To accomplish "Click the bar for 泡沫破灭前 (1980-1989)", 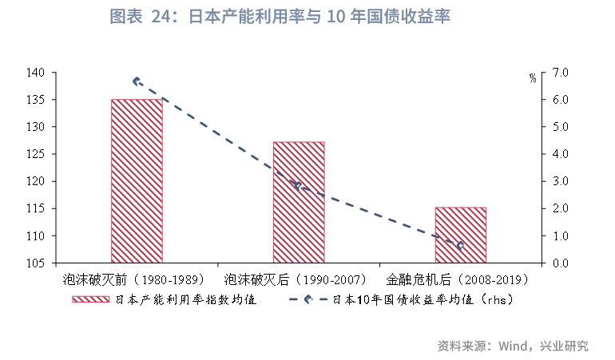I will (137, 180).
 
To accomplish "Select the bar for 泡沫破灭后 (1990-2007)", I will (299, 202).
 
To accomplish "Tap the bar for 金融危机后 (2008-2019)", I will (461, 235).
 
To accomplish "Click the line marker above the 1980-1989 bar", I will (137, 81).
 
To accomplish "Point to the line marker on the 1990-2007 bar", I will (298, 186).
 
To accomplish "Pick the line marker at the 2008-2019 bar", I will (460, 246).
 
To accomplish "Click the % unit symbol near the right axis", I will (533, 78).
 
